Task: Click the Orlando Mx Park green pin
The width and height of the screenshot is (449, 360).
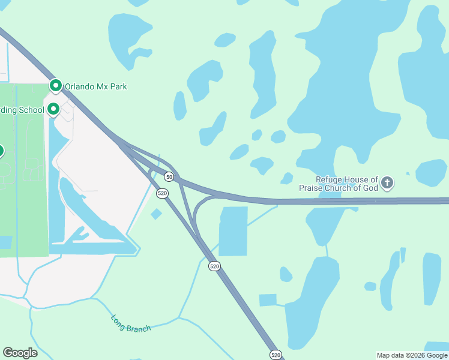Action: click(x=56, y=86)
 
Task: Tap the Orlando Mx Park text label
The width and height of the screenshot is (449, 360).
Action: click(x=96, y=87)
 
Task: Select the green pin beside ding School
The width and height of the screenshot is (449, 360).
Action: click(x=53, y=109)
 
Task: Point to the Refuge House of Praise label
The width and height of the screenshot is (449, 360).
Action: click(x=348, y=184)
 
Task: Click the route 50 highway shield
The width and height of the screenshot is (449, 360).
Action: click(x=169, y=177)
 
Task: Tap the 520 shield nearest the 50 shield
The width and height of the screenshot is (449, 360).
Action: click(x=162, y=193)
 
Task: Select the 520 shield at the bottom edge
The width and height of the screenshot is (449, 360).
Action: click(x=276, y=355)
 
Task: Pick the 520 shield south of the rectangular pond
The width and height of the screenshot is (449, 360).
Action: click(x=214, y=266)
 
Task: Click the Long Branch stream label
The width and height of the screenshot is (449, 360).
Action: click(x=131, y=323)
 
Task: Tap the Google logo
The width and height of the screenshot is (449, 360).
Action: click(x=20, y=353)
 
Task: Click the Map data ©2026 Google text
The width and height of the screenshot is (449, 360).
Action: click(x=412, y=356)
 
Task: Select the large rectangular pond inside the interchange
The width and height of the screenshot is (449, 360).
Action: click(x=233, y=231)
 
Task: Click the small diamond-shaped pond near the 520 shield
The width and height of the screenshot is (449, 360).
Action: click(x=156, y=214)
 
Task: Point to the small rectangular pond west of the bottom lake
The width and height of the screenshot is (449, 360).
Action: click(x=268, y=300)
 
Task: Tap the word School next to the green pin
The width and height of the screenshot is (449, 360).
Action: click(x=31, y=110)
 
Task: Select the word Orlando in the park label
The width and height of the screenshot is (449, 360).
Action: click(x=80, y=87)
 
